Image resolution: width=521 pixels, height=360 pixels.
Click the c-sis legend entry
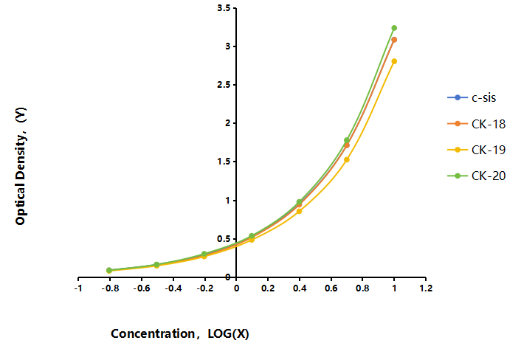click(x=472, y=97)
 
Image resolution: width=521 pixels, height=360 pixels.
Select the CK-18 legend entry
click(x=477, y=124)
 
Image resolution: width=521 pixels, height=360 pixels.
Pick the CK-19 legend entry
click(x=477, y=150)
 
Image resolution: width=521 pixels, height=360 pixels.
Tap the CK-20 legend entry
click(x=477, y=176)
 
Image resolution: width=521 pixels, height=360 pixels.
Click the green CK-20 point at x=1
click(x=394, y=28)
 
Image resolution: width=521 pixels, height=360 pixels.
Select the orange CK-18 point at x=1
click(x=394, y=40)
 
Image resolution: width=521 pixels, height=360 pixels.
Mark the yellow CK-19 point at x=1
click(x=394, y=61)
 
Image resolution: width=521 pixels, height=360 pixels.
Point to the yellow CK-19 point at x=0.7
click(x=347, y=160)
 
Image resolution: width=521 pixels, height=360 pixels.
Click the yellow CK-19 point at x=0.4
click(x=299, y=211)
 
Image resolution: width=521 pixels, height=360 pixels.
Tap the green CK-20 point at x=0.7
click(x=347, y=140)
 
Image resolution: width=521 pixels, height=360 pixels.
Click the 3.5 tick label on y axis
click(x=224, y=8)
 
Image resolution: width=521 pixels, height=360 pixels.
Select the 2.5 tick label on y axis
click(x=224, y=85)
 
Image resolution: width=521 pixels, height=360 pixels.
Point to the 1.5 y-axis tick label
click(x=224, y=162)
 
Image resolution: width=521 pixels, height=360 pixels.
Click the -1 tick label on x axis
click(x=78, y=288)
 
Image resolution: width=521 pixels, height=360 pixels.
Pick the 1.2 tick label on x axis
click(x=426, y=288)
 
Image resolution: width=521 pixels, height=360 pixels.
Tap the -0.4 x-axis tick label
click(x=173, y=288)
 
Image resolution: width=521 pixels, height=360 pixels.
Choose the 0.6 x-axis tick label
click(x=331, y=288)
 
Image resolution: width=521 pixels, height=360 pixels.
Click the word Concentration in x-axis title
click(x=153, y=333)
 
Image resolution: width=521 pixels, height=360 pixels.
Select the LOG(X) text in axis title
click(x=228, y=333)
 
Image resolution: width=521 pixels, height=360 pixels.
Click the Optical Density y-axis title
click(x=21, y=166)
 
